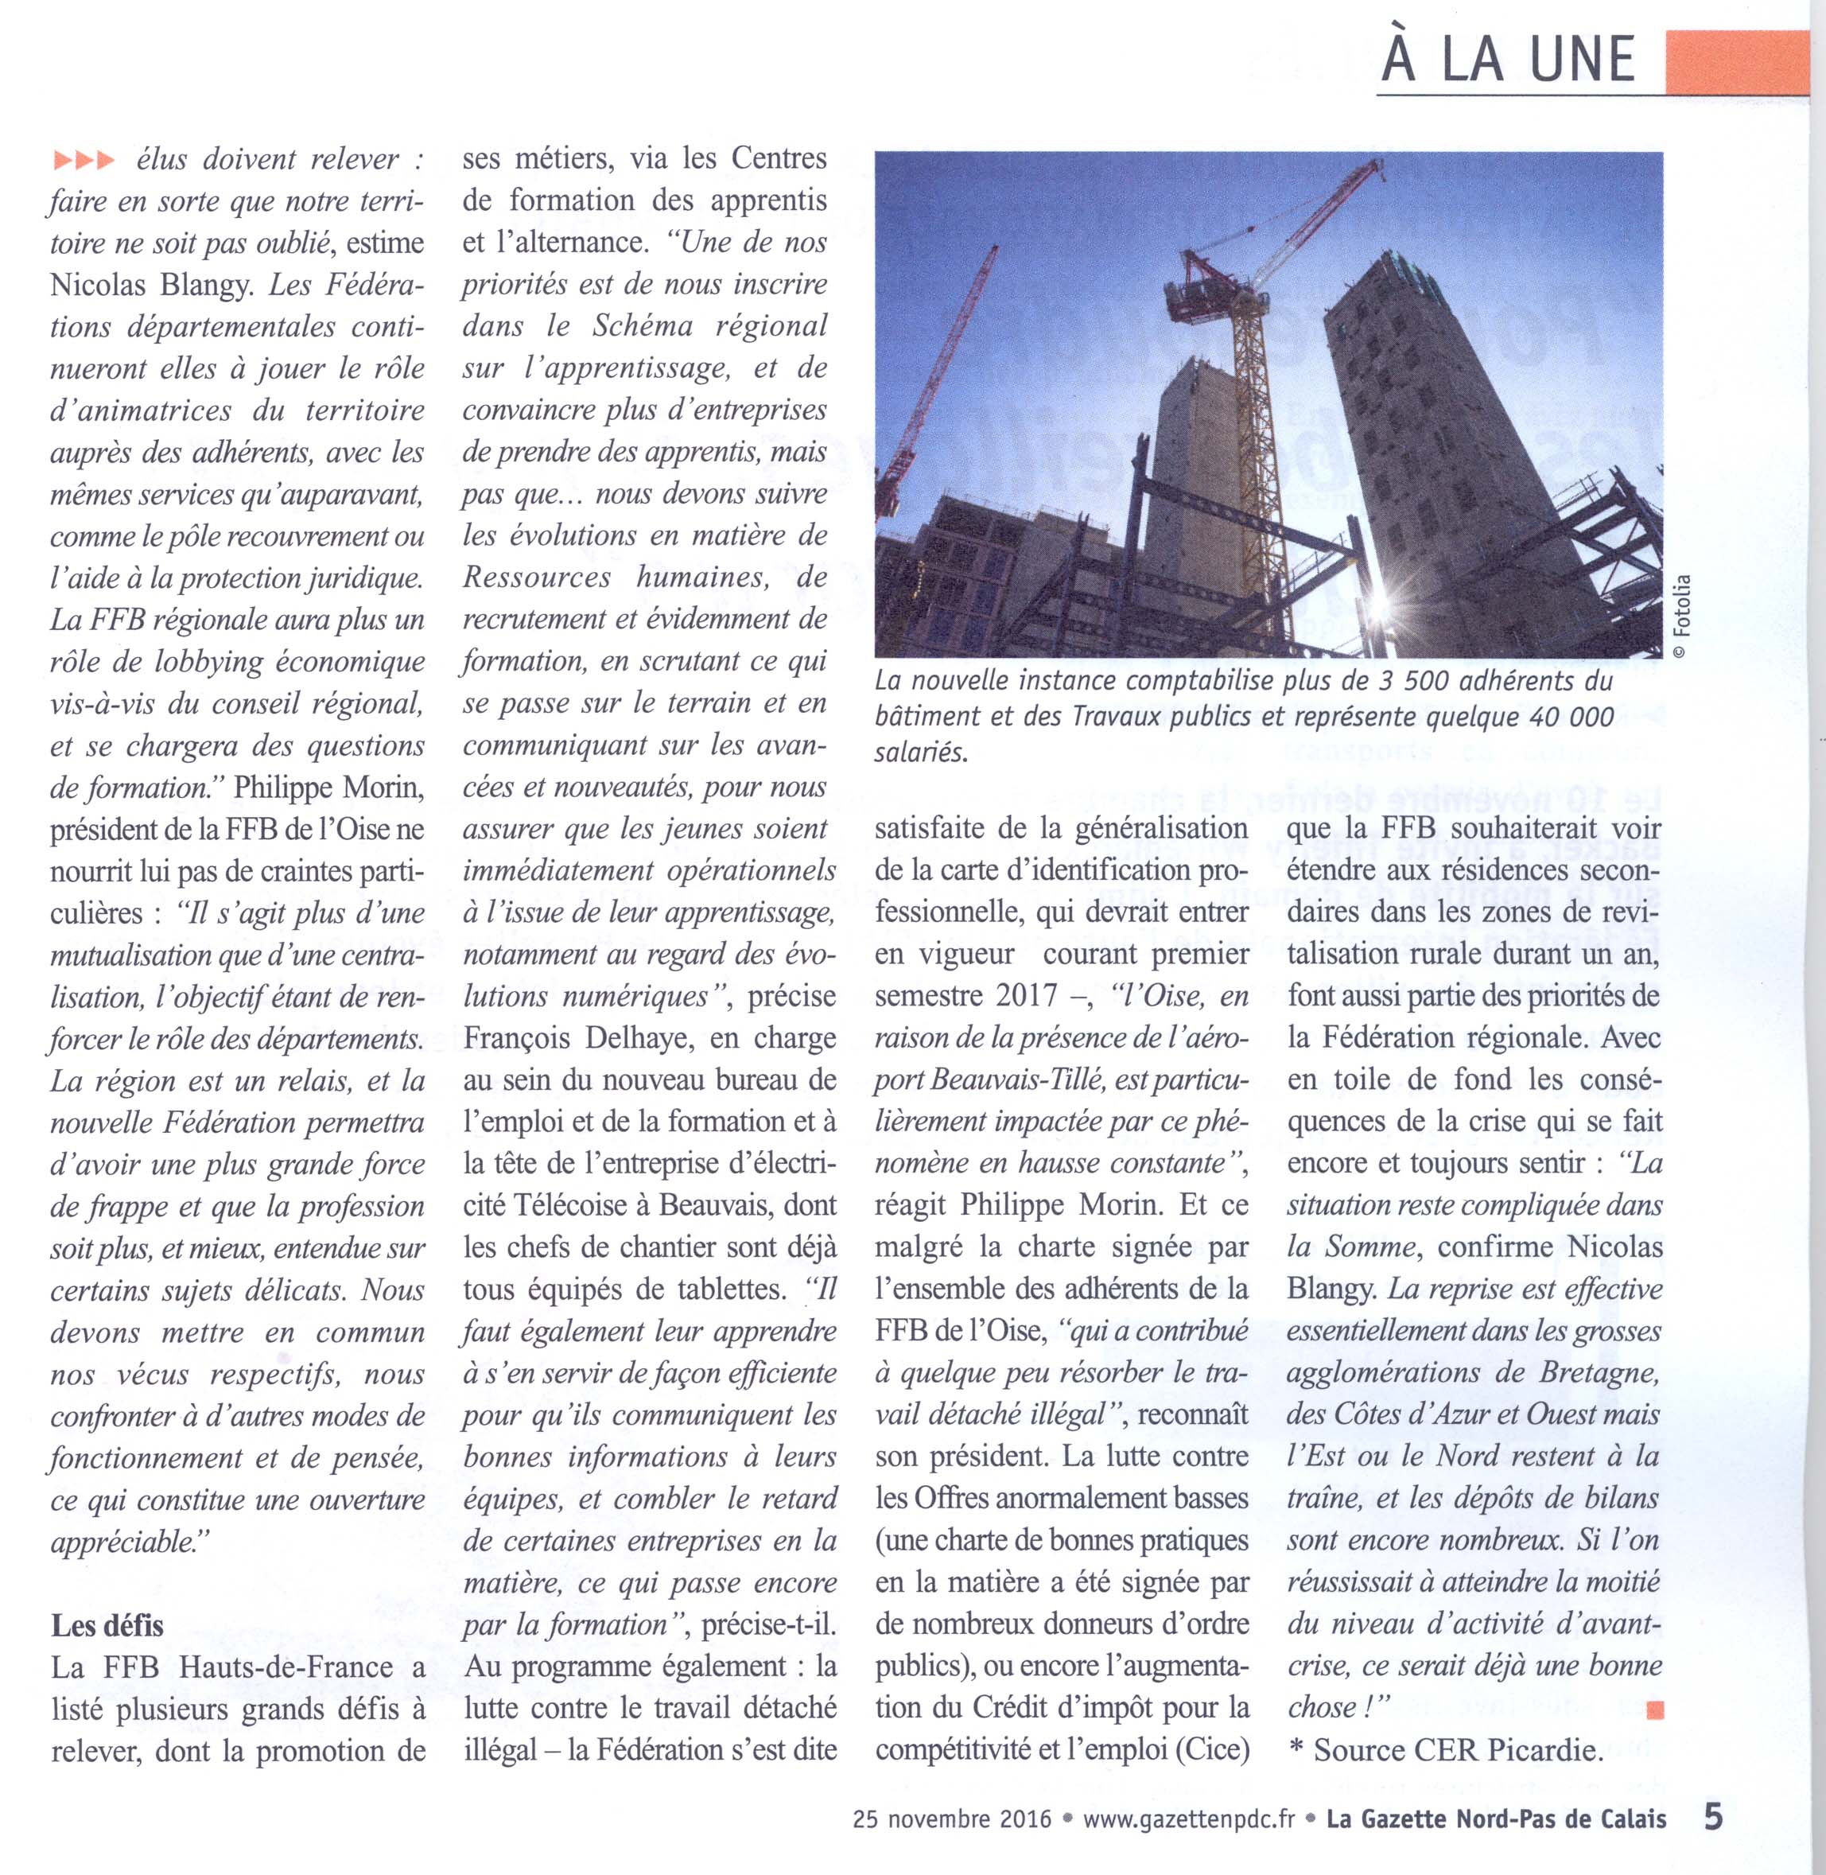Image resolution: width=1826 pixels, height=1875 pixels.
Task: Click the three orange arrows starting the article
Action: [x=84, y=159]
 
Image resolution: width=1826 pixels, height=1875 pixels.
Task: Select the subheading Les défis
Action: [x=107, y=1626]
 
